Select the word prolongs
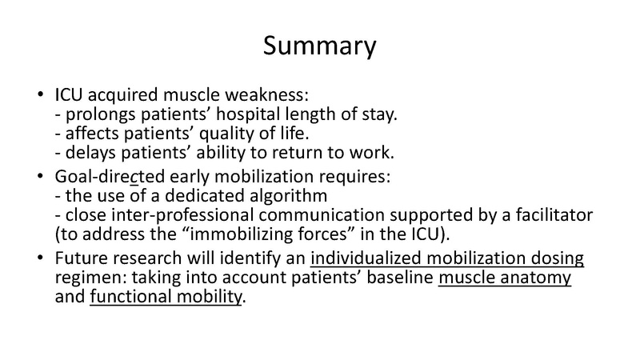[90, 114]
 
